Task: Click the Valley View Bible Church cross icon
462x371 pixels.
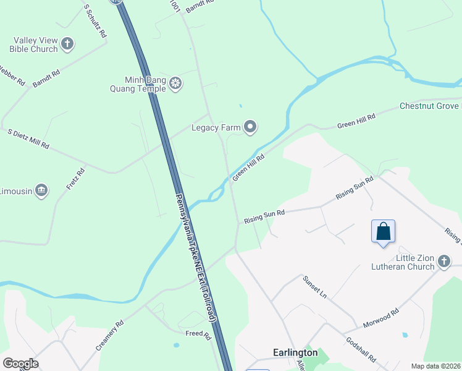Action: coord(67,45)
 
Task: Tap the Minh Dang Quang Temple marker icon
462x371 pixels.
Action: coord(175,83)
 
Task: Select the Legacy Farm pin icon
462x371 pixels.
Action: coord(250,127)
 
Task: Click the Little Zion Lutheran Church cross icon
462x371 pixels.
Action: coord(443,262)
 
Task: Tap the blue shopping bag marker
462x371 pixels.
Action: coord(383,232)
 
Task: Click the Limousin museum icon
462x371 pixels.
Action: coord(41,190)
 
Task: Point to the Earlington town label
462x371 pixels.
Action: coord(295,352)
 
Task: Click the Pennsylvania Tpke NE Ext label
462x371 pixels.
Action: coord(195,256)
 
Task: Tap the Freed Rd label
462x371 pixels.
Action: coord(198,335)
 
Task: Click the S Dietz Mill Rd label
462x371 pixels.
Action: coord(28,139)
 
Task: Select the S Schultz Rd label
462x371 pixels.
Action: coord(94,21)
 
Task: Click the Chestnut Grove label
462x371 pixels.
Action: coord(430,106)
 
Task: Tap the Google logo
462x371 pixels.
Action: coord(20,364)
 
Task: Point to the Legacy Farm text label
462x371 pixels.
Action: coord(216,128)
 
